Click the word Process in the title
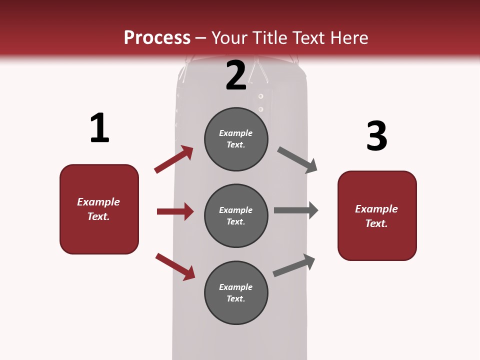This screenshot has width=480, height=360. click(x=157, y=38)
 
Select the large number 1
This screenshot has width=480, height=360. click(x=99, y=128)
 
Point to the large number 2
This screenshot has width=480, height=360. click(x=236, y=75)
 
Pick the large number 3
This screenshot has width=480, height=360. click(x=376, y=136)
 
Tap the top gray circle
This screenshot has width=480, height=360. click(x=236, y=139)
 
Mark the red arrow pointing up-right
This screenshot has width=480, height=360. click(x=174, y=159)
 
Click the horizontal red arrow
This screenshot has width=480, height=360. click(x=175, y=211)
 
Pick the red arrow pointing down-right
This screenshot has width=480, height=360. click(x=175, y=266)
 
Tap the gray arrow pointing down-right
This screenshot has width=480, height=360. click(x=297, y=160)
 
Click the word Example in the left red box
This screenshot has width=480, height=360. click(x=98, y=202)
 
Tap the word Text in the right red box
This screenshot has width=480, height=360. click(x=376, y=223)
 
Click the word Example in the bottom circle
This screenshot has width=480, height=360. click(x=236, y=287)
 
